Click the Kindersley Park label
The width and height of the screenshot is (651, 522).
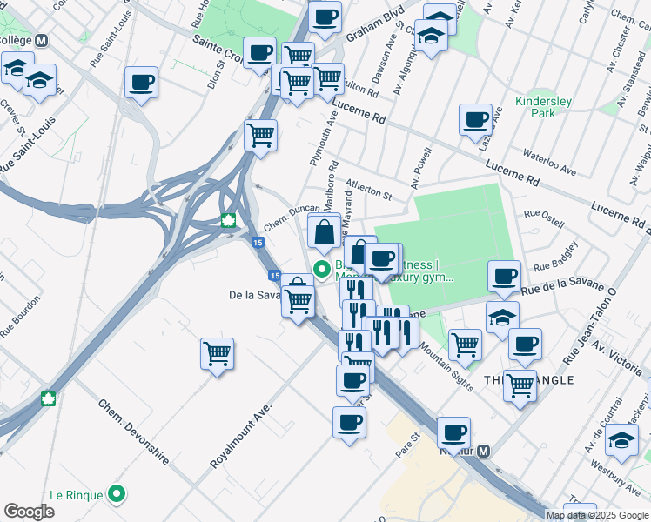[x=543, y=107]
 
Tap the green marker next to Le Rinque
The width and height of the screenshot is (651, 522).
[x=117, y=495]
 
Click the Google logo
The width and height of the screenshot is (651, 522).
[x=29, y=512]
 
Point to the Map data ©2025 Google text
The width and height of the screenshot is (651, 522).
[x=597, y=515]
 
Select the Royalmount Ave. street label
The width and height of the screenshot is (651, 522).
[x=241, y=435]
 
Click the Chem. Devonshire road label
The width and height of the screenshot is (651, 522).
[x=133, y=432]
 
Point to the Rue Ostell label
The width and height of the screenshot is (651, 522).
[x=544, y=217]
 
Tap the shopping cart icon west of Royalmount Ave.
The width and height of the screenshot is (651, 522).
[x=217, y=353]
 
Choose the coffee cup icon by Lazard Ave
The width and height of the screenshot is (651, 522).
[x=475, y=120]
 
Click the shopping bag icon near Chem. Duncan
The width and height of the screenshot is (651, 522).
[x=324, y=232]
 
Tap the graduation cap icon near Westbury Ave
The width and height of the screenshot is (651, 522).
[x=621, y=439]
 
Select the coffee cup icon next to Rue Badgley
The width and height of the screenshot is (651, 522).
[x=504, y=277]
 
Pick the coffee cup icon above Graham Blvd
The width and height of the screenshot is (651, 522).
[x=325, y=17]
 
